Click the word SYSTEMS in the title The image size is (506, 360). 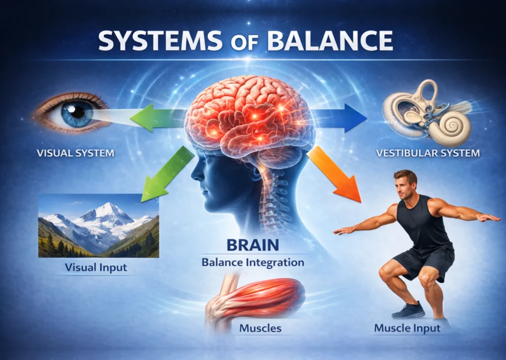tap(160, 41)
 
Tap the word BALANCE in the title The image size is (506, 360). tap(330, 41)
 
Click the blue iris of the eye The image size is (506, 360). tap(77, 114)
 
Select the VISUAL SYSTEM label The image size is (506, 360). tap(76, 153)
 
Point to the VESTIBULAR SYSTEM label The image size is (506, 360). tap(428, 153)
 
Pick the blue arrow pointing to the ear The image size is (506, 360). tap(339, 118)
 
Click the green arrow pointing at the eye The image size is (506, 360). tap(159, 118)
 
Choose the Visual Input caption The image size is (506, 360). tap(96, 268)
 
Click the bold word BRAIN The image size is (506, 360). tap(253, 245)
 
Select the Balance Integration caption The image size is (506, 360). tap(253, 262)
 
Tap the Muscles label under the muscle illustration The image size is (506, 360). tap(260, 328)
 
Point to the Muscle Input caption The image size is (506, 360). tap(407, 328)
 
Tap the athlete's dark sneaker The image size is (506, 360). tap(408, 310)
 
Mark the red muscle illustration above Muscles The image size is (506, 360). tap(256, 299)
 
